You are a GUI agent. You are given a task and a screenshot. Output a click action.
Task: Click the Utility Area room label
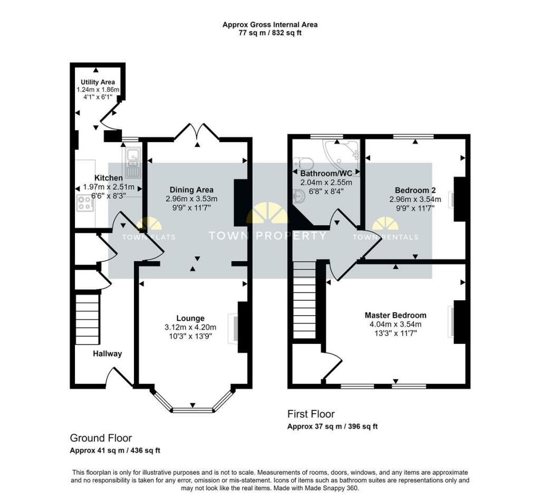point(98,82)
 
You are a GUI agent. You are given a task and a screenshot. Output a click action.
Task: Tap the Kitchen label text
point(109,178)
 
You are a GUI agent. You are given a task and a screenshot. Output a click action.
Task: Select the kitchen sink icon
point(133,163)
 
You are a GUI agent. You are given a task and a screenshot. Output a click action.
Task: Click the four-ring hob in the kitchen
point(85,203)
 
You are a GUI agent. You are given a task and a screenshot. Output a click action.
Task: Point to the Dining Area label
point(191,190)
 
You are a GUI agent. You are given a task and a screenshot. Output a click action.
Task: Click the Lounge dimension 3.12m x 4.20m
point(190,327)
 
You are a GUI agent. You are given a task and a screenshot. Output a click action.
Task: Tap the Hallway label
point(108,353)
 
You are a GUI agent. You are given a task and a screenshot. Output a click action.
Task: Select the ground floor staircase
point(88,319)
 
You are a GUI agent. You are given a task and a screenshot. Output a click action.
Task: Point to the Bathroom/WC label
point(326,173)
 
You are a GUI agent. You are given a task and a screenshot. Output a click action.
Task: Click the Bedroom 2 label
point(416,190)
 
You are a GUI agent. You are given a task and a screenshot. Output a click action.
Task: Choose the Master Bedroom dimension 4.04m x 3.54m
point(396,324)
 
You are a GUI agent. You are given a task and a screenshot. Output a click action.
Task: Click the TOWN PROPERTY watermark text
point(267,235)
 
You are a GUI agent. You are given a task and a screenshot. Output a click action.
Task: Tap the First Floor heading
point(311,414)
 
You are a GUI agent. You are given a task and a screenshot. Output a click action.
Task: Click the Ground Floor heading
point(101,438)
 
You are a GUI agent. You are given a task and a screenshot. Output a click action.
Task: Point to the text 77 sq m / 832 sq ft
point(270,33)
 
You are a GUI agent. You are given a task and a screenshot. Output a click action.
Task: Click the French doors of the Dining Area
point(197,132)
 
